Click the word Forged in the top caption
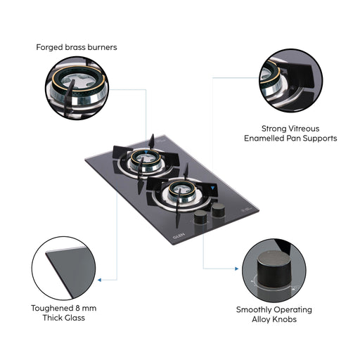click(50, 48)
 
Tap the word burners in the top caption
click(102, 47)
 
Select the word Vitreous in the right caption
click(304, 129)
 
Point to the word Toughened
click(52, 309)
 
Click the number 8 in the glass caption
click(78, 308)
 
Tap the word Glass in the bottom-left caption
click(75, 318)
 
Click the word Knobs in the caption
click(285, 319)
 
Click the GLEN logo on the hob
click(179, 236)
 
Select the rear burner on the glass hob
click(146, 160)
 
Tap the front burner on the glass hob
click(182, 192)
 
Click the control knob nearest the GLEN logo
click(200, 217)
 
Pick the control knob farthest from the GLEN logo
click(218, 210)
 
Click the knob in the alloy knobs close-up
click(274, 269)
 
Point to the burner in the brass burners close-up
click(77, 86)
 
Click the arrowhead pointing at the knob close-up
click(237, 269)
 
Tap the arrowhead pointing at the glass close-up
click(99, 280)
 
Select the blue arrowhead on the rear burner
click(146, 153)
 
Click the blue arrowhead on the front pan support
click(212, 188)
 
